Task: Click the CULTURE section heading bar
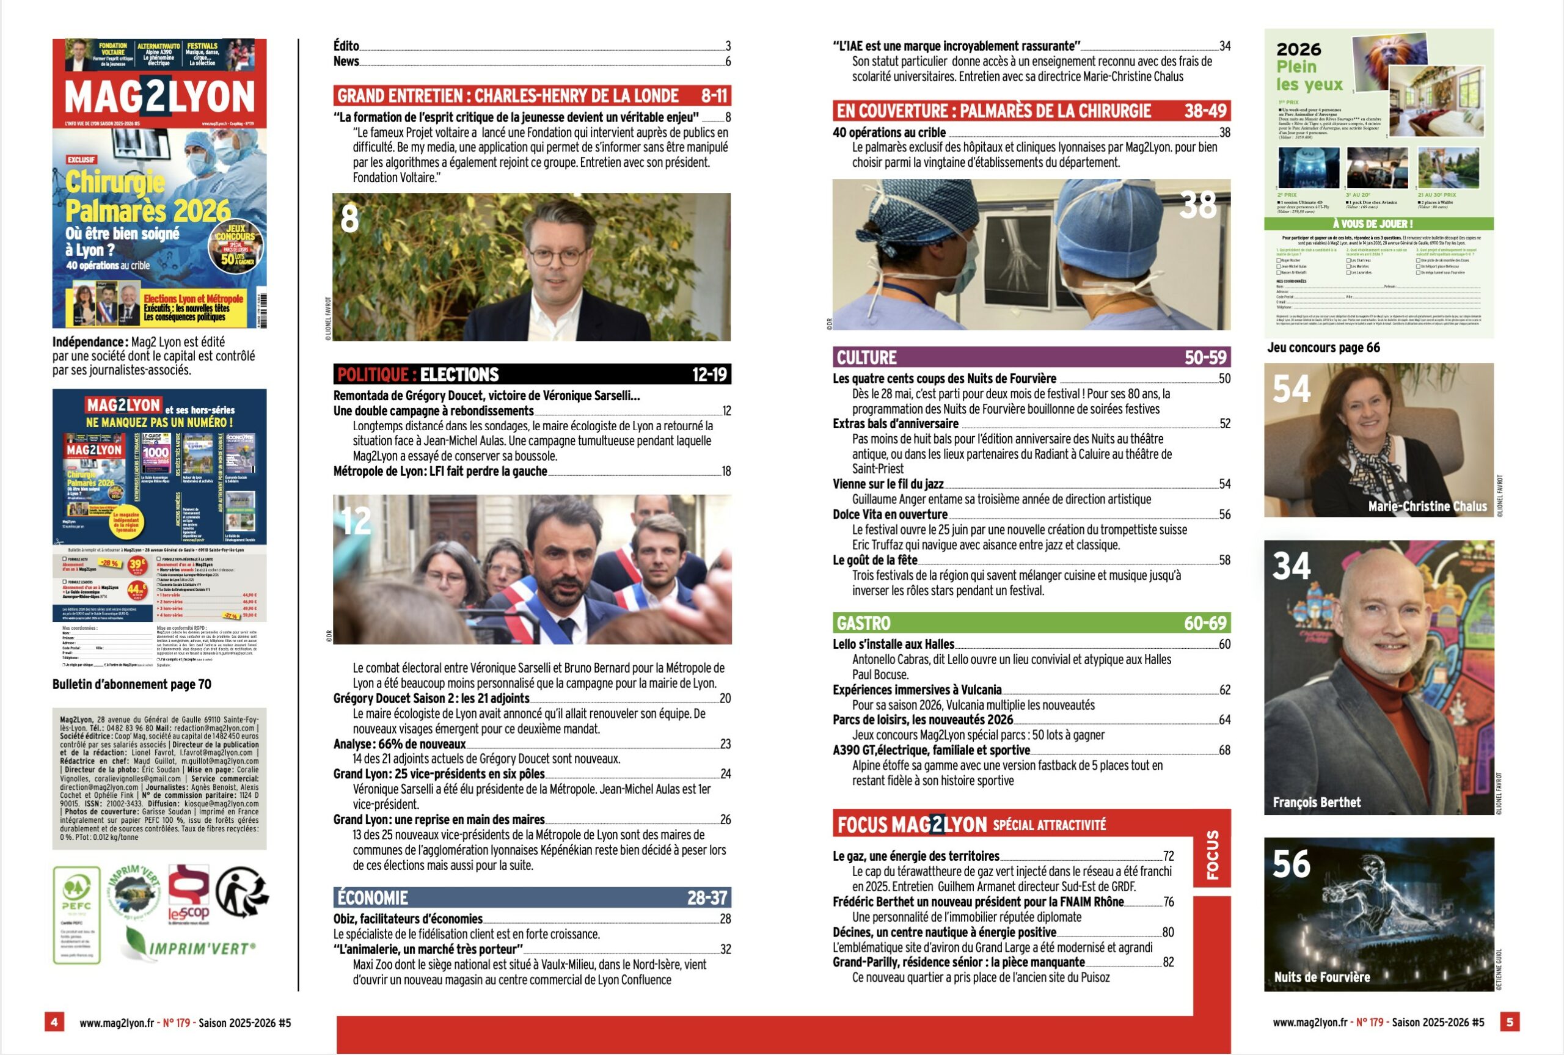(x=1031, y=357)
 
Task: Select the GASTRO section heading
(x=1031, y=622)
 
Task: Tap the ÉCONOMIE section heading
(x=532, y=897)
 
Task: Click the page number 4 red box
(x=54, y=1022)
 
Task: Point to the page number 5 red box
(x=1510, y=1022)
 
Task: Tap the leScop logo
(x=188, y=894)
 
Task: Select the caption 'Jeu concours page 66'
(x=1323, y=348)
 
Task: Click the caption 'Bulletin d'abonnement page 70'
(x=132, y=684)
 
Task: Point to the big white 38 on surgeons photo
(x=1197, y=205)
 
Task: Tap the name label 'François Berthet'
(x=1317, y=802)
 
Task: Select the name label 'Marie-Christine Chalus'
(x=1427, y=506)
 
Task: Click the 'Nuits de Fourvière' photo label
(x=1322, y=977)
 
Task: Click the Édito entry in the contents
(x=346, y=46)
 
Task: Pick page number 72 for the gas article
(x=1169, y=856)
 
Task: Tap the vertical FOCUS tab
(x=1212, y=855)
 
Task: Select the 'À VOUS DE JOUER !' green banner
(x=1378, y=224)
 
